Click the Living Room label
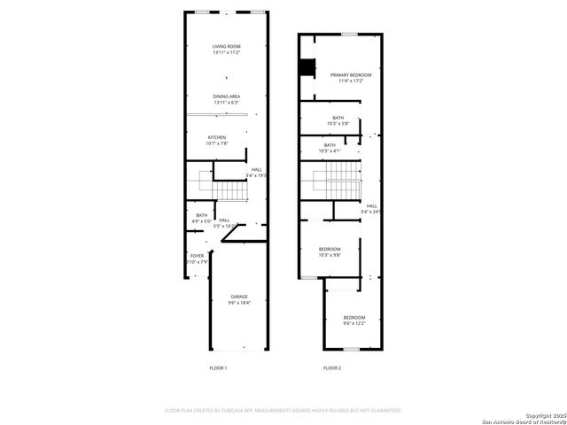[x=227, y=46]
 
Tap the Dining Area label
[x=227, y=96]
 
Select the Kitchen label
[x=217, y=137]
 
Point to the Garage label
[x=239, y=296]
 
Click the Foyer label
[x=197, y=256]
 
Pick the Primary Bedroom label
[x=351, y=75]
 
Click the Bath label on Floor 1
[x=202, y=215]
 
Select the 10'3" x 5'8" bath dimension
[x=338, y=124]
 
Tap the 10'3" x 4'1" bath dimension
[x=330, y=151]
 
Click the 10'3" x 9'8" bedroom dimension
[x=330, y=256]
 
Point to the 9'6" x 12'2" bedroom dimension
[x=354, y=324]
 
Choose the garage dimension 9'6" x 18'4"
[x=239, y=303]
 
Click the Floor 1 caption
[x=218, y=367]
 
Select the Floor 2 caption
[x=332, y=367]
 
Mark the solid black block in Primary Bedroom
[x=307, y=67]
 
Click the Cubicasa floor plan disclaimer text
[x=283, y=411]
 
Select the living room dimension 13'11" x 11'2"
[x=227, y=53]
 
